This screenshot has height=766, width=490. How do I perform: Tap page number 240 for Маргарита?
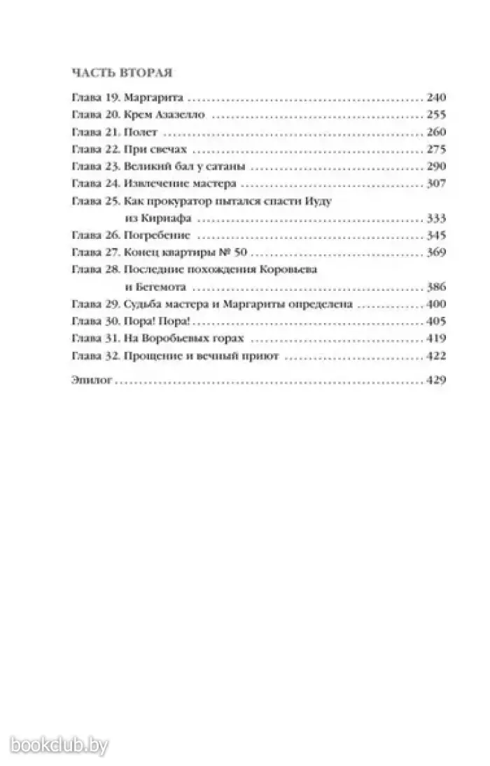click(435, 99)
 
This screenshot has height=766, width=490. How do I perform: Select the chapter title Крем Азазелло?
click(165, 116)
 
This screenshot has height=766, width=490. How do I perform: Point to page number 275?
click(435, 149)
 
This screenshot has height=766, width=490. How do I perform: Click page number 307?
click(435, 184)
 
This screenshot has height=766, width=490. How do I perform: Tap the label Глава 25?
click(95, 201)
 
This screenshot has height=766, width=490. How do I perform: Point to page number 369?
click(435, 252)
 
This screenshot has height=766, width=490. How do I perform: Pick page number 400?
click(435, 304)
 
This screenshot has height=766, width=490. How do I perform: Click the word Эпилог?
click(92, 381)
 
